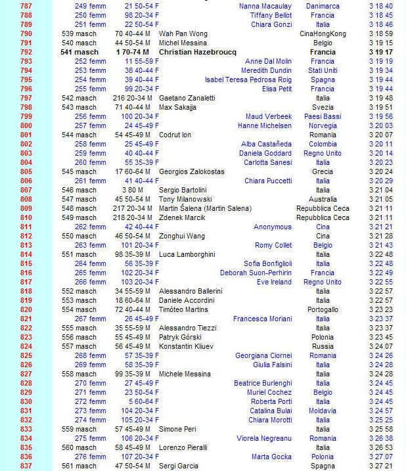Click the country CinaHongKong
323,33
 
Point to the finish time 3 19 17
381,51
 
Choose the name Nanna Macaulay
265,5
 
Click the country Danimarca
323,5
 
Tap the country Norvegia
323,125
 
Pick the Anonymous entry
273,227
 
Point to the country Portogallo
323,309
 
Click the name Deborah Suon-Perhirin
256,273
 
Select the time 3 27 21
381,466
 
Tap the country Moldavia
323,411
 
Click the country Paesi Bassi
323,116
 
